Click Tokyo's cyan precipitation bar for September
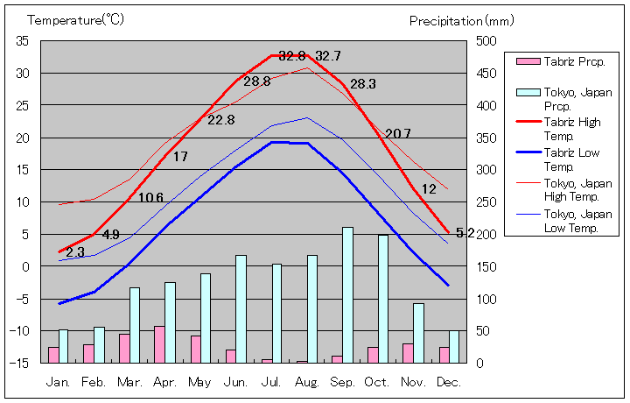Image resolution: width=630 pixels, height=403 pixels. pos(347,294)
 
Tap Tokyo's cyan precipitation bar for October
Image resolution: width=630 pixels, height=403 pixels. pos(383,298)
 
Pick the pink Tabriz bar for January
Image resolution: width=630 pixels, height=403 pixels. pos(53,354)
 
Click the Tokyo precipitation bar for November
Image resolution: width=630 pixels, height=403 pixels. pos(418,332)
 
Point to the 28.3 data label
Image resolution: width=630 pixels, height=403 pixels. pos(362,84)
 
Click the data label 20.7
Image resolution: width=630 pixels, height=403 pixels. pos(397,133)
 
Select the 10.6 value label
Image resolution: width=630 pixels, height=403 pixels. pos(150,197)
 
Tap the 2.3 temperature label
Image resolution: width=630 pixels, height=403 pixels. pos(75,252)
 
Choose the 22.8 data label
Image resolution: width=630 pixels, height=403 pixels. pos(220,119)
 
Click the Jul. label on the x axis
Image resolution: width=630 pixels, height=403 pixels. pos(271,383)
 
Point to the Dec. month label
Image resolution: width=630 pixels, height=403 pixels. pos(448,383)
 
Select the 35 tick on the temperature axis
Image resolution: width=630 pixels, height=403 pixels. pos(23,41)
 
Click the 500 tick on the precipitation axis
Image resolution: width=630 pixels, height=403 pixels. pos(486,41)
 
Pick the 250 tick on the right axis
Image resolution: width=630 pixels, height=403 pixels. pos(486,202)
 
